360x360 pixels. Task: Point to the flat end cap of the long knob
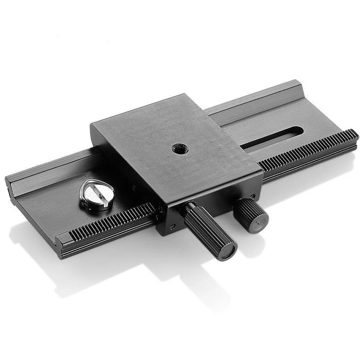pos(227,250)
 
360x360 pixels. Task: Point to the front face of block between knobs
pos(219,205)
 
